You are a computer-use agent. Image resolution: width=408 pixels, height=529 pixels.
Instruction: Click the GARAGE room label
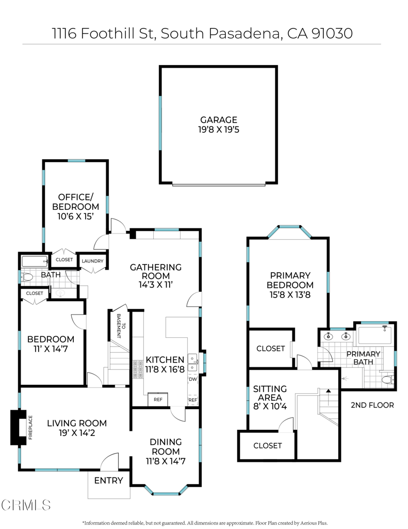[x=219, y=120]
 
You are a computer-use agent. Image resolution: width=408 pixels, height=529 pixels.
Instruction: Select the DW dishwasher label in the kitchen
[x=192, y=379]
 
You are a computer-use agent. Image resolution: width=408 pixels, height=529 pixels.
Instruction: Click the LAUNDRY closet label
[x=93, y=261]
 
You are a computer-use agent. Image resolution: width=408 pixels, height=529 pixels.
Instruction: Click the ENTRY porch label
[x=108, y=480]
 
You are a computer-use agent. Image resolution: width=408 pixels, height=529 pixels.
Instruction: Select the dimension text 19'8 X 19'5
[x=219, y=130]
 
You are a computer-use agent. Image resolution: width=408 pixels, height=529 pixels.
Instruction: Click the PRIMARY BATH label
[x=363, y=357]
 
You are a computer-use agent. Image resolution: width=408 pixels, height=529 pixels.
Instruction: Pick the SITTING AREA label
[x=267, y=393]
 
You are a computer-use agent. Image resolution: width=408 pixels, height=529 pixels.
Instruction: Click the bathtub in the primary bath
[x=374, y=335]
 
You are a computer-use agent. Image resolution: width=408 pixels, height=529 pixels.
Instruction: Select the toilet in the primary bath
[x=387, y=380]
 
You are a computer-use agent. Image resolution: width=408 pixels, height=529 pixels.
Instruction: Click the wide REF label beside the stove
[x=158, y=400]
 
